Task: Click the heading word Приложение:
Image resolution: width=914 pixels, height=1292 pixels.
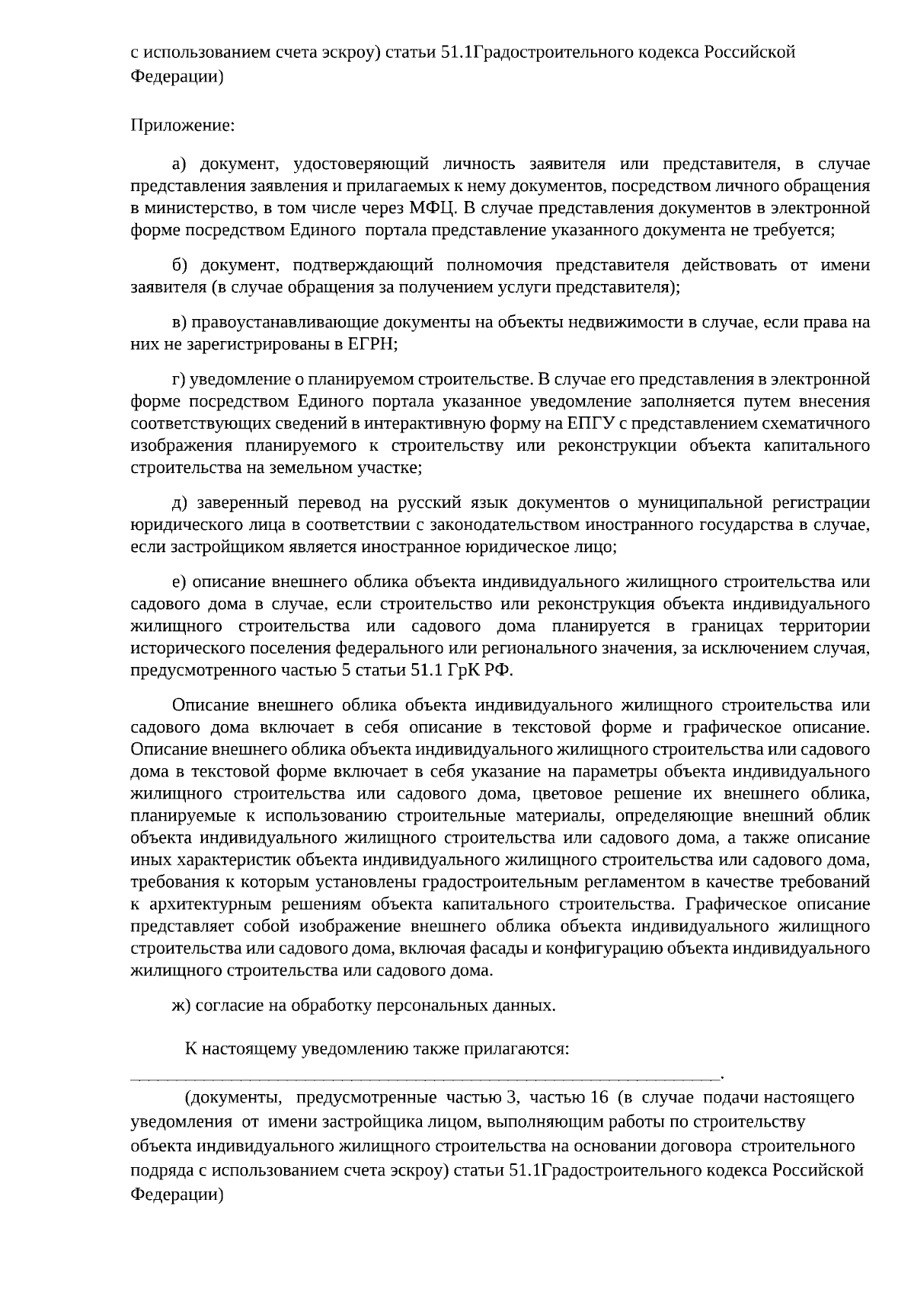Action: (183, 125)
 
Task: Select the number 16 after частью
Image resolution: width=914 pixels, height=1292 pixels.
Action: (599, 1098)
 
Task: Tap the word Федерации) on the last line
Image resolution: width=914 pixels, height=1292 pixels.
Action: (177, 1195)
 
